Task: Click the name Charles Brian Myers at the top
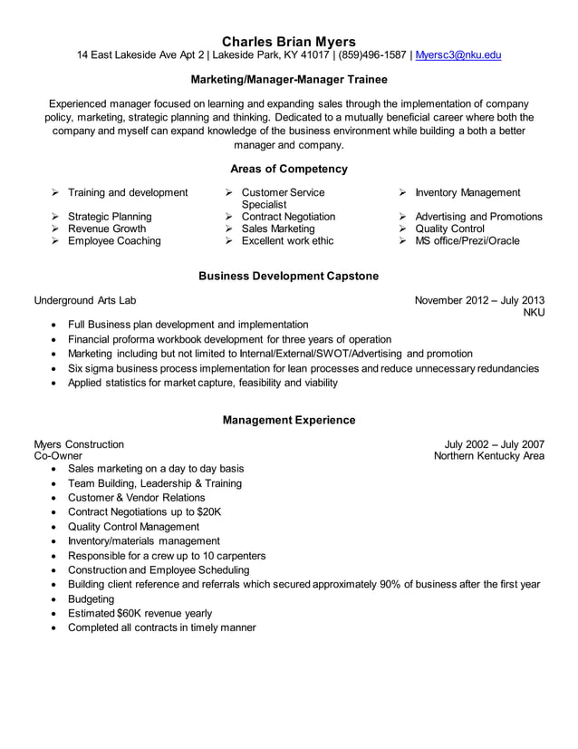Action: (x=288, y=41)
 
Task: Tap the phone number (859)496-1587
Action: (x=373, y=56)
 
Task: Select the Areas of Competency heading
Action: (x=288, y=169)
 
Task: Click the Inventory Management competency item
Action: (x=467, y=192)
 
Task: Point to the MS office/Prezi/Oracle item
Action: (x=467, y=241)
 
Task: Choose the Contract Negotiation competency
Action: (x=288, y=217)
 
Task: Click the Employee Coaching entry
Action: (x=114, y=241)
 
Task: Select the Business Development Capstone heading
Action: (x=288, y=276)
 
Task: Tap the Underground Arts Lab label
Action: (x=85, y=300)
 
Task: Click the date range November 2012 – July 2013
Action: (x=479, y=300)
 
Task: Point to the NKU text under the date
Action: (x=535, y=313)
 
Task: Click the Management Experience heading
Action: (x=288, y=420)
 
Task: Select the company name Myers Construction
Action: (x=79, y=444)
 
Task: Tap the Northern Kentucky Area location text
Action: (x=489, y=456)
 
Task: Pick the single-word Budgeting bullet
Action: (x=92, y=599)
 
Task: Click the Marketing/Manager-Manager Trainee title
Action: (x=288, y=80)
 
